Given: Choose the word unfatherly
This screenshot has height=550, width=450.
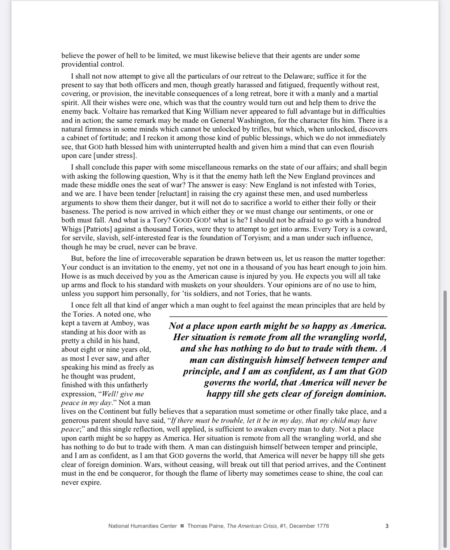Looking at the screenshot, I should [131, 385].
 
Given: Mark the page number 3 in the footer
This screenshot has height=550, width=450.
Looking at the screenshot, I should [387, 526].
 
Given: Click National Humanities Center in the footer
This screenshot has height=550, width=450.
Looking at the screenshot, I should [142, 526].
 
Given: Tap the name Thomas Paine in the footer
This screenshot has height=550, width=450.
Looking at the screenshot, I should [205, 526].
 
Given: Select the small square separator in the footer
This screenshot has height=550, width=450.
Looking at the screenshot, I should [182, 526].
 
